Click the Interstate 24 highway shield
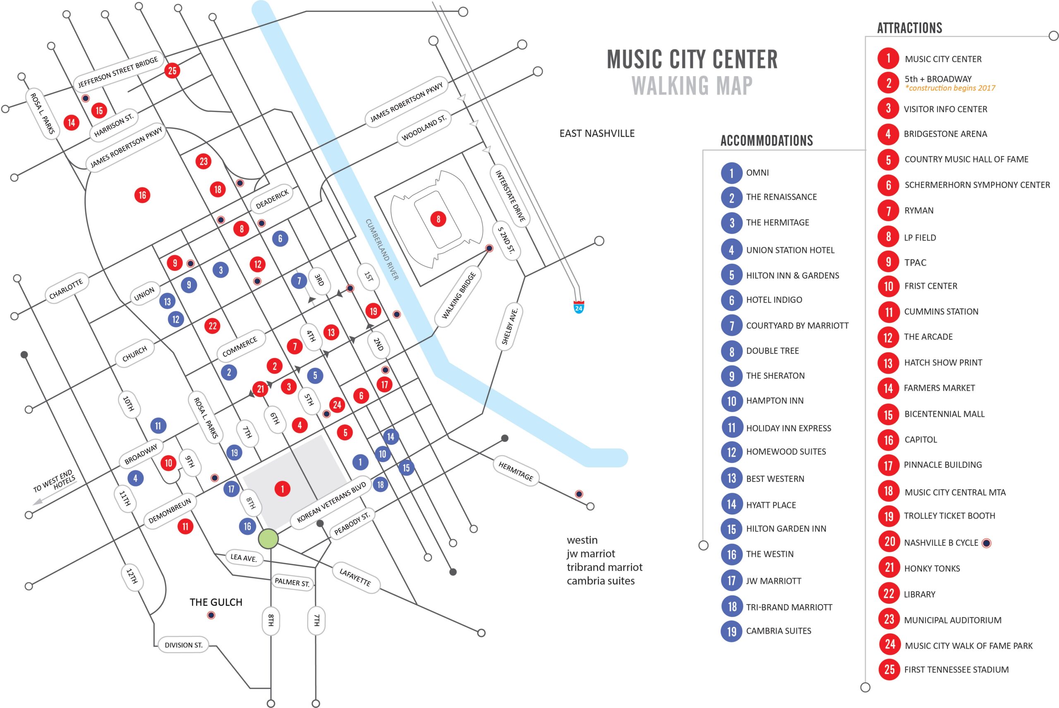click(578, 307)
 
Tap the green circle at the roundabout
click(268, 539)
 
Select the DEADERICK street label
click(272, 199)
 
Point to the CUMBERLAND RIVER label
click(382, 249)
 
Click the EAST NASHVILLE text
click(597, 133)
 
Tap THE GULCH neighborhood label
click(216, 602)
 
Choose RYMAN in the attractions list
click(918, 210)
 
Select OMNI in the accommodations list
click(757, 172)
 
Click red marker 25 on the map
click(172, 70)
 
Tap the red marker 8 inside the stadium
click(438, 219)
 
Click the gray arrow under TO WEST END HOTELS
click(38, 501)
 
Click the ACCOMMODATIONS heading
click(766, 141)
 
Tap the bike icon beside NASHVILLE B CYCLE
click(987, 543)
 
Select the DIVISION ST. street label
click(183, 645)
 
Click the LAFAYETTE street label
click(355, 577)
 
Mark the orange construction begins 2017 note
click(950, 88)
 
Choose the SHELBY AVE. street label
click(510, 327)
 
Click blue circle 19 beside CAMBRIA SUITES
click(731, 631)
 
